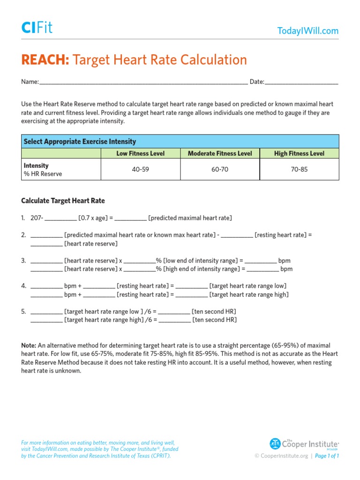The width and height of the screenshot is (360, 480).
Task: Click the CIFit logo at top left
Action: pos(37,28)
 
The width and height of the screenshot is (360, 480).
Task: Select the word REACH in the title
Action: pos(45,60)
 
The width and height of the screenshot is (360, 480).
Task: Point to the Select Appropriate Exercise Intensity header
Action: pos(80,142)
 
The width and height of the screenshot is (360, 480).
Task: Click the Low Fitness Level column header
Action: pos(140,153)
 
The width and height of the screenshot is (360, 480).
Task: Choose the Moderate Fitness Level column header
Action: pos(220,153)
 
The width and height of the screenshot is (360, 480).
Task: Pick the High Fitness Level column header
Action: pos(299,153)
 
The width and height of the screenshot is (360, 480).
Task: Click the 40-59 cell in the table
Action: pos(140,169)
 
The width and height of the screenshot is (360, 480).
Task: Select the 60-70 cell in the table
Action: pos(220,169)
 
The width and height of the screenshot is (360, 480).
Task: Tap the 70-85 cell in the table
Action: pos(299,169)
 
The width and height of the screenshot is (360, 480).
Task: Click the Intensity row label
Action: pos(36,166)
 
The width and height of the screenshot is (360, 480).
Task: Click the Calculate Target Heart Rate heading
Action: pos(63,201)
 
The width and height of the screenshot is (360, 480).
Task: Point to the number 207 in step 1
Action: pos(36,218)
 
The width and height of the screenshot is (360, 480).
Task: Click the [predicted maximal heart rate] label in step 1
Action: pos(190,218)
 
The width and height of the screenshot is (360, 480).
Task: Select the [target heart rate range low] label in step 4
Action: pos(248,286)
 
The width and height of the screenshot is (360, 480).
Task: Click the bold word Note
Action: pos(29,345)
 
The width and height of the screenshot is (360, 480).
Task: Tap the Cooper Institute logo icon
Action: pos(275,443)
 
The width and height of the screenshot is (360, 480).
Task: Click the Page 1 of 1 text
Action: pos(327,456)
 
